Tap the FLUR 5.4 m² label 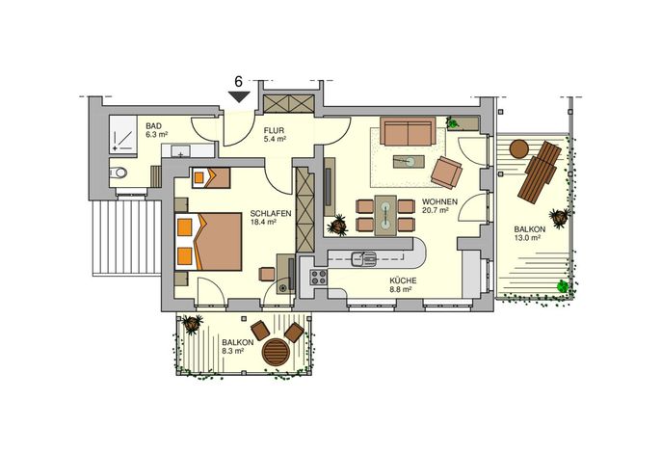click(275, 135)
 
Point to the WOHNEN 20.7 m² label click(439, 205)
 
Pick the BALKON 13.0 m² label click(529, 233)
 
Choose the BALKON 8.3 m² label click(238, 346)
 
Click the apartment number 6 click(239, 81)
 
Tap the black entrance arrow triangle click(239, 97)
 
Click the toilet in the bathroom click(118, 173)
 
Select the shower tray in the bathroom click(123, 135)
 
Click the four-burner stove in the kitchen click(319, 278)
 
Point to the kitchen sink click(364, 258)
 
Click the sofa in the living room click(408, 131)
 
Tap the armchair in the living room click(446, 173)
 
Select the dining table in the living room click(385, 215)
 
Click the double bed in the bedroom click(208, 241)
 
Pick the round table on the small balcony click(277, 352)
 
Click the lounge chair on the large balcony click(540, 173)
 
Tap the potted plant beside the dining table click(337, 226)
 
